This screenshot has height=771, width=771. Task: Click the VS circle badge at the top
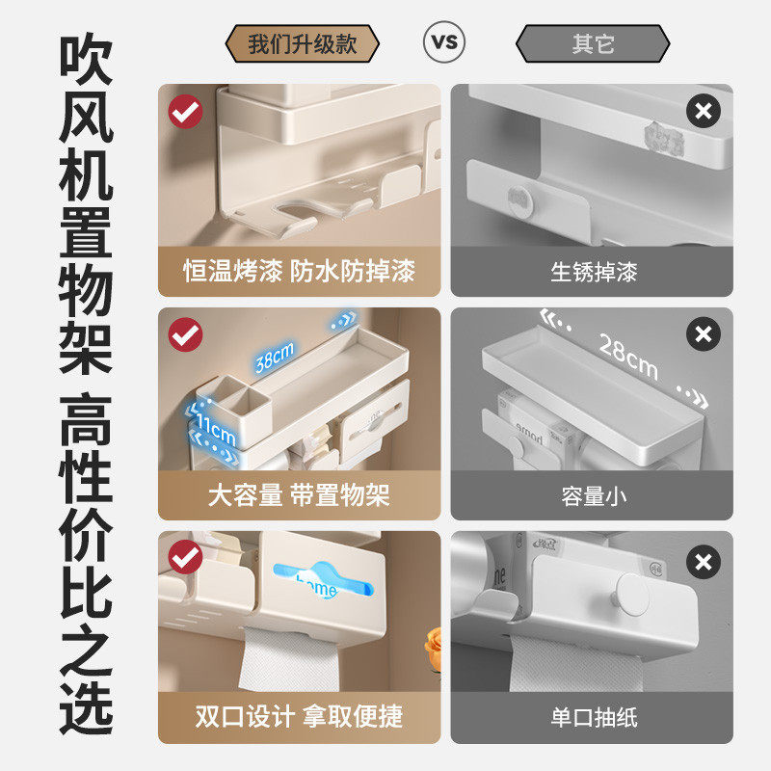tap(443, 42)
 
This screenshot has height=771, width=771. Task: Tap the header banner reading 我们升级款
tap(302, 44)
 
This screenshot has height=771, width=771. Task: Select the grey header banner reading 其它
tap(593, 44)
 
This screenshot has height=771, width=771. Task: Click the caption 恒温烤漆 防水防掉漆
tap(299, 272)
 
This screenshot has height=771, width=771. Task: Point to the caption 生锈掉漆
tap(593, 272)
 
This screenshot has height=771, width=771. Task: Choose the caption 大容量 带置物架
tap(299, 496)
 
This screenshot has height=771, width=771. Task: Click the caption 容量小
tap(593, 496)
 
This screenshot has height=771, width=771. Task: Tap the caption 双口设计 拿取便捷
tap(299, 717)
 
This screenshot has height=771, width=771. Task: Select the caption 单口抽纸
tap(593, 717)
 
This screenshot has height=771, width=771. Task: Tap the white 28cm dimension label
tap(627, 356)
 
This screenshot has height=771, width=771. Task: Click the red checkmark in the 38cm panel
tap(185, 335)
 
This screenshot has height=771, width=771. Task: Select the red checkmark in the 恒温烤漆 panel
tap(185, 112)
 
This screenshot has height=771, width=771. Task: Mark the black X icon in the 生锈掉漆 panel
tap(704, 112)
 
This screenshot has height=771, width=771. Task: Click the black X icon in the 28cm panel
tap(704, 335)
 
